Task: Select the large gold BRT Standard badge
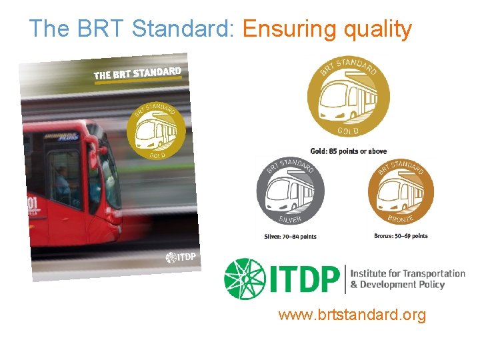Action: pos(348,97)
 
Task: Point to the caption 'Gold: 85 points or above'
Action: pos(348,151)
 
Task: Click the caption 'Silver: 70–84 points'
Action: pos(290,237)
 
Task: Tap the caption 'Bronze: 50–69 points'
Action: pos(401,236)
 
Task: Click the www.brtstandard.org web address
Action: pos(351,315)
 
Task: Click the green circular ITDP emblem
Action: pos(244,279)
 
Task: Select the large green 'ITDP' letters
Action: pos(303,279)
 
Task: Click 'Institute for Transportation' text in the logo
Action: pos(407,273)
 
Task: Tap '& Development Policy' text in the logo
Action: pos(397,285)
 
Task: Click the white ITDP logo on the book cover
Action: pos(181,257)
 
